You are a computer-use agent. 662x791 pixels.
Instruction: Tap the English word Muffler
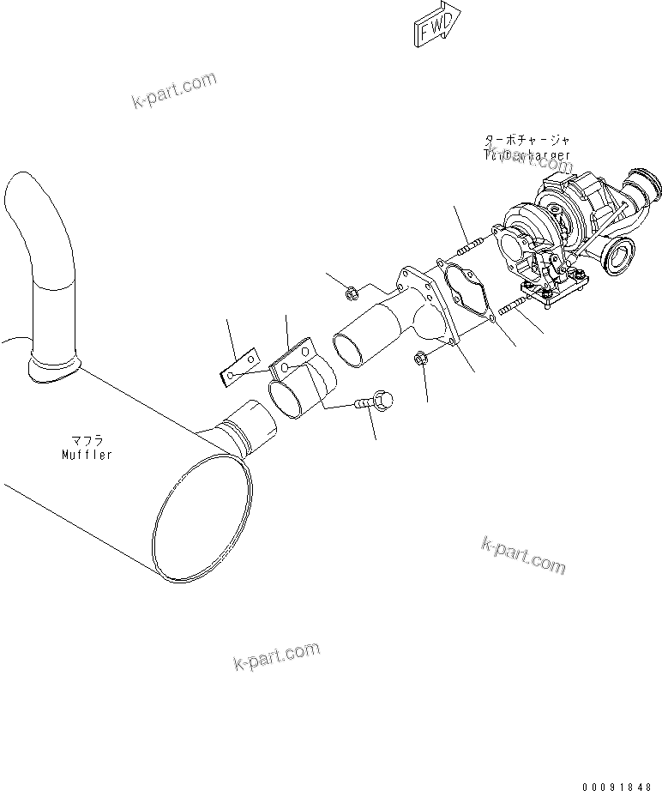[87, 455]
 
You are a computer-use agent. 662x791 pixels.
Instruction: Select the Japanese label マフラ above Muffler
[87, 442]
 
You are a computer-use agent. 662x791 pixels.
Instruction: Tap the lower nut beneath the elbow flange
[422, 359]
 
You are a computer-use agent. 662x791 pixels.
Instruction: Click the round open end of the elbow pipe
[352, 349]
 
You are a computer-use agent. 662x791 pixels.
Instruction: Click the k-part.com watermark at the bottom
[276, 656]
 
